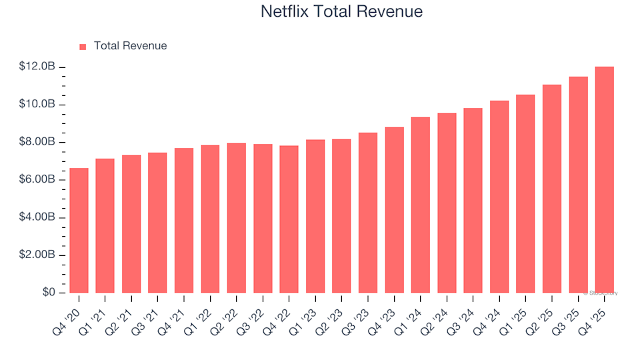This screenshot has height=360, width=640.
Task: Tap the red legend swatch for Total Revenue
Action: tap(83, 47)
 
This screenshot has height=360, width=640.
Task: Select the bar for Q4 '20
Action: tap(79, 230)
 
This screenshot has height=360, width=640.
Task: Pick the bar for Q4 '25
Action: tap(604, 180)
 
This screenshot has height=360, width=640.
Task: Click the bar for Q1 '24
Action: tap(420, 205)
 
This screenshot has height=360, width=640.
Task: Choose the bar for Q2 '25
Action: tap(551, 189)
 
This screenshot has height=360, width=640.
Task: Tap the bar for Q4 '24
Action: tap(499, 197)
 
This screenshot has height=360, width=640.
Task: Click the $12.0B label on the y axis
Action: tap(37, 67)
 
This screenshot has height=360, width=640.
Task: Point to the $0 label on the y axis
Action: tap(49, 293)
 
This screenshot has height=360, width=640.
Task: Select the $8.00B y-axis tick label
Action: tap(37, 143)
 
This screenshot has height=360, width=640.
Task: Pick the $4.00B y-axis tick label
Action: tap(37, 218)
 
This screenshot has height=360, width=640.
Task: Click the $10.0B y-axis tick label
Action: tap(37, 105)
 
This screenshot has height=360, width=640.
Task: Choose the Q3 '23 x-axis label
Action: tap(357, 311)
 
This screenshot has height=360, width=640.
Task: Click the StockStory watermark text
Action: tap(601, 293)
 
